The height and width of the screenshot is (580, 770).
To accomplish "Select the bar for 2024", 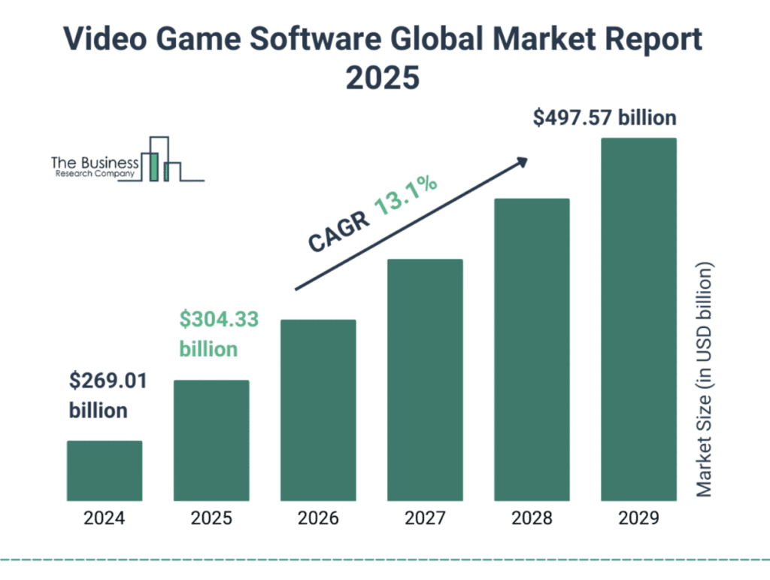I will [x=105, y=470].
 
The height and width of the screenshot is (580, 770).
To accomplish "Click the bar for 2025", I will [x=211, y=440].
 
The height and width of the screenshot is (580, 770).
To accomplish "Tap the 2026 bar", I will [x=318, y=410].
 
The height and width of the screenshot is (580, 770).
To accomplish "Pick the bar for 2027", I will [x=425, y=380].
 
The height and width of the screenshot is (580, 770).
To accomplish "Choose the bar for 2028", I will [x=532, y=350].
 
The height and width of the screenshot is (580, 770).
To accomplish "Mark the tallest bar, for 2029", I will [x=638, y=320].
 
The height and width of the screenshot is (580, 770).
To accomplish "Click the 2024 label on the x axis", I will [x=105, y=518].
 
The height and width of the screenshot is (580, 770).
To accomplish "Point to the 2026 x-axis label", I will [x=318, y=518].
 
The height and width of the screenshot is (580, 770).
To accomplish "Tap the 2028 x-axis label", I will [x=532, y=518].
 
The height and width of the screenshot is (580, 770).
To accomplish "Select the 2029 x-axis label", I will [x=638, y=518].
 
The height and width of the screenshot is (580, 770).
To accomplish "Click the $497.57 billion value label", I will [x=605, y=118].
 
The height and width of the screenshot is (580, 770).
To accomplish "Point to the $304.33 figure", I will [x=219, y=320].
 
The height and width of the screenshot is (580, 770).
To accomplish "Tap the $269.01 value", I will [x=108, y=381].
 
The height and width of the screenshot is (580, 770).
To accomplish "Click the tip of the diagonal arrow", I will [x=526, y=159].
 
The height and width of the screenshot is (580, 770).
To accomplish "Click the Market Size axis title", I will [x=704, y=380].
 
